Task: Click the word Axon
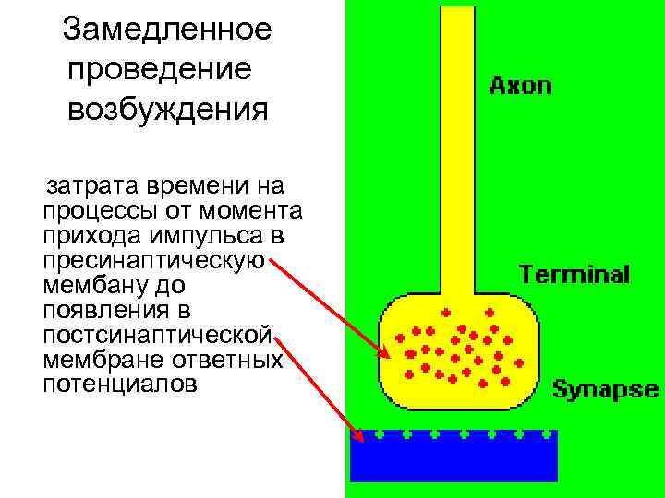point(520,87)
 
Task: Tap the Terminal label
point(574,274)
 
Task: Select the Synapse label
point(605,389)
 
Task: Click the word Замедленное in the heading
point(167,30)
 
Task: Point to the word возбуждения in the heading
point(167,110)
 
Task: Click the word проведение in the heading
point(159,69)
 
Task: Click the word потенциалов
point(119,384)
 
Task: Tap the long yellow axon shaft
point(456,138)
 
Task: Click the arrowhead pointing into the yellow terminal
point(385,353)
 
